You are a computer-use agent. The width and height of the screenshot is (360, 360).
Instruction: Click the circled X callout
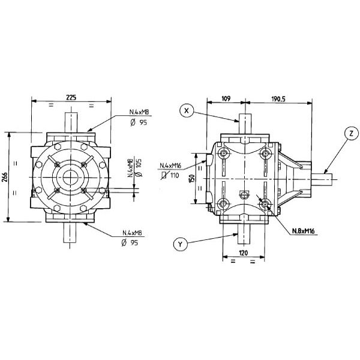coord(187,110)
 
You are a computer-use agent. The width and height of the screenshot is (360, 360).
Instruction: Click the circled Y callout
coord(180,244)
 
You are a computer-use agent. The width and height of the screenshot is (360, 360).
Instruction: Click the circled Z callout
coord(351,133)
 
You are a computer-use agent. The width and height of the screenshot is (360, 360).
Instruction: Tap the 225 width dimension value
coord(71,97)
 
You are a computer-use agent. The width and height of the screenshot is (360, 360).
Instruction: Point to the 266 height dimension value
coord(5,177)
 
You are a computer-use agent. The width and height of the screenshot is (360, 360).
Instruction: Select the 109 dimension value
coord(226,99)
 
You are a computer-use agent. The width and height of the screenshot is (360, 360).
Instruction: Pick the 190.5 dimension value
coord(278,99)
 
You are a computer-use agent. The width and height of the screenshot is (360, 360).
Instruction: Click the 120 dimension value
coord(244,253)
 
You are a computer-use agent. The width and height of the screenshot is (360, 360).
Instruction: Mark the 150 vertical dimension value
coord(193,179)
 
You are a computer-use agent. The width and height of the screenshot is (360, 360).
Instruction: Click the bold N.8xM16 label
coord(303,231)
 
